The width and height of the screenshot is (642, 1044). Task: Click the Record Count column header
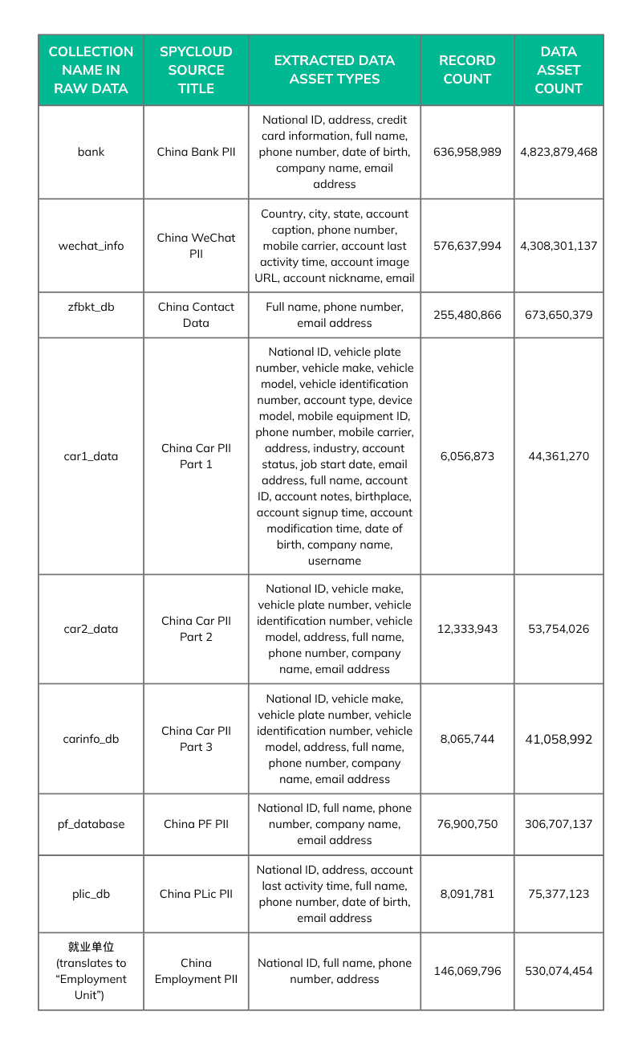point(467,70)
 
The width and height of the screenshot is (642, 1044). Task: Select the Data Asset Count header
point(559,70)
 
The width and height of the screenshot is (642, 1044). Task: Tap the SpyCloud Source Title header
point(196,70)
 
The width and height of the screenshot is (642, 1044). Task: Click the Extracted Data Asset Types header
point(334,70)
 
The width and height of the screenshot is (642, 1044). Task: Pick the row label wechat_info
point(91,246)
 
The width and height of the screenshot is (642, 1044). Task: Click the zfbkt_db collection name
point(91,307)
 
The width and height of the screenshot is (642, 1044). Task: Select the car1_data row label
point(91,456)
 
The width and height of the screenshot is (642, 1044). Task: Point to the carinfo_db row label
point(91,739)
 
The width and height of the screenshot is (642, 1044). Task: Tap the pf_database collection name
point(91,824)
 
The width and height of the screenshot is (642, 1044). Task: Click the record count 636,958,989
point(467,152)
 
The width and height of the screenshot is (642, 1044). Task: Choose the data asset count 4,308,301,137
point(559,246)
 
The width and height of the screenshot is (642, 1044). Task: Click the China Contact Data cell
point(196,315)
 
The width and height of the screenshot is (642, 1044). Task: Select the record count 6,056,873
point(467,456)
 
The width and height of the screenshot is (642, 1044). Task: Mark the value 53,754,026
point(559,629)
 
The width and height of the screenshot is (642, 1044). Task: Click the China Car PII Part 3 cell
point(196,739)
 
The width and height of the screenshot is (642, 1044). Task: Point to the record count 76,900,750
point(467,824)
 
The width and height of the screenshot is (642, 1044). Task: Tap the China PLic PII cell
point(196,894)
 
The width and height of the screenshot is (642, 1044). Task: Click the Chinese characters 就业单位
point(91,947)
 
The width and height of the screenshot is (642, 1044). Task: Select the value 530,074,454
point(559,971)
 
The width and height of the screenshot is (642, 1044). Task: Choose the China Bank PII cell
point(196,152)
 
